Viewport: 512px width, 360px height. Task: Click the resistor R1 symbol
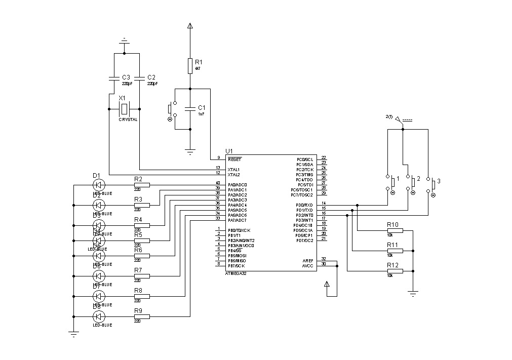pyautogui.click(x=190, y=65)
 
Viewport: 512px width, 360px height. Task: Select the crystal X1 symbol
pyautogui.click(x=124, y=108)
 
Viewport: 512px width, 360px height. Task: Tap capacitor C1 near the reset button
pyautogui.click(x=190, y=108)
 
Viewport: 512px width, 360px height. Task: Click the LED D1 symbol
pyautogui.click(x=99, y=185)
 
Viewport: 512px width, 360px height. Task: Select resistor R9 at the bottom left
pyautogui.click(x=142, y=316)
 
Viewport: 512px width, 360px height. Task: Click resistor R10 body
pyautogui.click(x=395, y=230)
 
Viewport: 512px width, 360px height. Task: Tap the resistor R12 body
pyautogui.click(x=395, y=271)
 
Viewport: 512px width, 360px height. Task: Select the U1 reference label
pyautogui.click(x=229, y=151)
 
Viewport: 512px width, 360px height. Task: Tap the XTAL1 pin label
pyautogui.click(x=233, y=170)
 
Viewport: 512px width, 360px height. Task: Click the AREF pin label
pyautogui.click(x=308, y=260)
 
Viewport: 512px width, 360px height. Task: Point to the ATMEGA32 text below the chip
pyautogui.click(x=237, y=273)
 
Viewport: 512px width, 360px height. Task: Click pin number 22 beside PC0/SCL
pyautogui.click(x=324, y=158)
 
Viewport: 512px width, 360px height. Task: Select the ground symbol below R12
pyautogui.click(x=413, y=292)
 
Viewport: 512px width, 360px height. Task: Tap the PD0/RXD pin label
pyautogui.click(x=304, y=205)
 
